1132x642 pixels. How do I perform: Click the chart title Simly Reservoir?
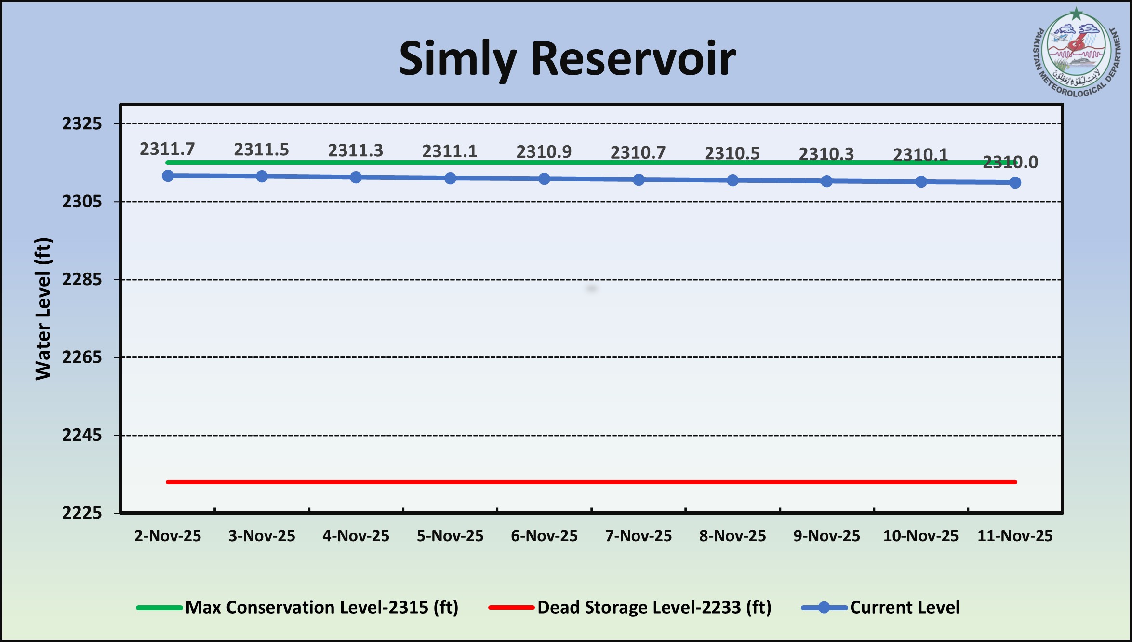point(567,59)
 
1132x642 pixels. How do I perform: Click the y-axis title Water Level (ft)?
point(43,309)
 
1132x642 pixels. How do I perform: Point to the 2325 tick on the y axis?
point(82,124)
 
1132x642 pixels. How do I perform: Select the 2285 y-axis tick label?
point(82,279)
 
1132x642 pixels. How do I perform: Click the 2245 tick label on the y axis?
point(82,435)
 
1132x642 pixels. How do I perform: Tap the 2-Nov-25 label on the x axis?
point(168,536)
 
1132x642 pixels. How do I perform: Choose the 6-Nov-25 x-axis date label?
point(544,536)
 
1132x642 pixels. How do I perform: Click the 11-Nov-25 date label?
point(1015,536)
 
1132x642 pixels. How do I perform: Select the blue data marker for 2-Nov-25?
point(168,176)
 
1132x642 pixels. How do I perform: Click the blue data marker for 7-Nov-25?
point(639,180)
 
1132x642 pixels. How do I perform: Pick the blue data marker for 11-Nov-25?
point(1015,183)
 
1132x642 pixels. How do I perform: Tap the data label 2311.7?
point(167,149)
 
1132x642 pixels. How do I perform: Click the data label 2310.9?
point(544,152)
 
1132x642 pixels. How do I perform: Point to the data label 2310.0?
point(1010,163)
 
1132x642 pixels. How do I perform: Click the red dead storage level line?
point(591,482)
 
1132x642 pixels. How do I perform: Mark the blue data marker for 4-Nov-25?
point(356,178)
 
